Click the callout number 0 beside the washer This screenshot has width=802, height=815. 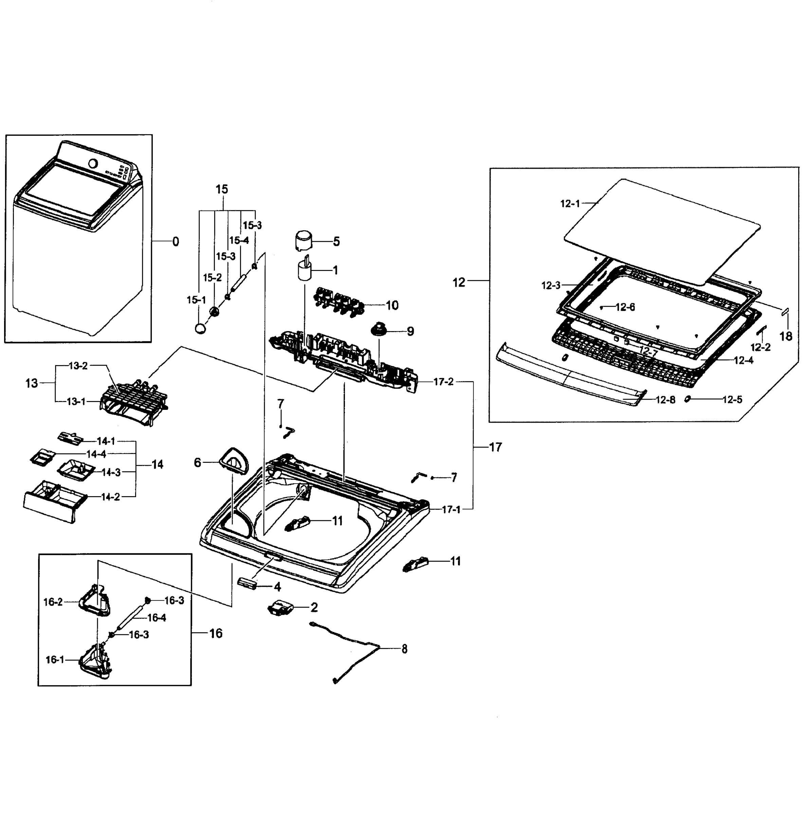176,241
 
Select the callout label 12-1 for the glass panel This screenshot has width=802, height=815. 570,204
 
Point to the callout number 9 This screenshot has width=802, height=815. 410,331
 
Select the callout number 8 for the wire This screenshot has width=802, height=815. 404,649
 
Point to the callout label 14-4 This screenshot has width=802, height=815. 96,454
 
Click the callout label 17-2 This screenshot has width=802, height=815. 443,382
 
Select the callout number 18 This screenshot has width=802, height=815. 786,336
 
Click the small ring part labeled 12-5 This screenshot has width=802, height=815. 688,399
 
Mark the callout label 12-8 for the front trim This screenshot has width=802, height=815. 665,400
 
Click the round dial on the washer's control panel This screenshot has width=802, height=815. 93,163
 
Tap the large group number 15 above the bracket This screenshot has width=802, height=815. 222,189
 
